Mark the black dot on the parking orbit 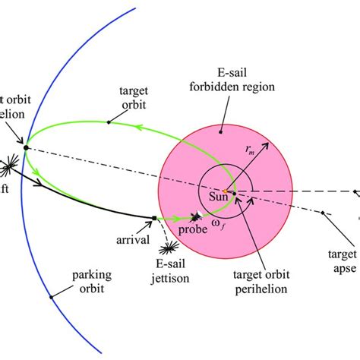point(51,296)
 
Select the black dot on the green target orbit point(110,122)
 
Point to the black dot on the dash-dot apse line point(324,212)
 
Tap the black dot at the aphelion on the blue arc point(27,147)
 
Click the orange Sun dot point(225,191)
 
